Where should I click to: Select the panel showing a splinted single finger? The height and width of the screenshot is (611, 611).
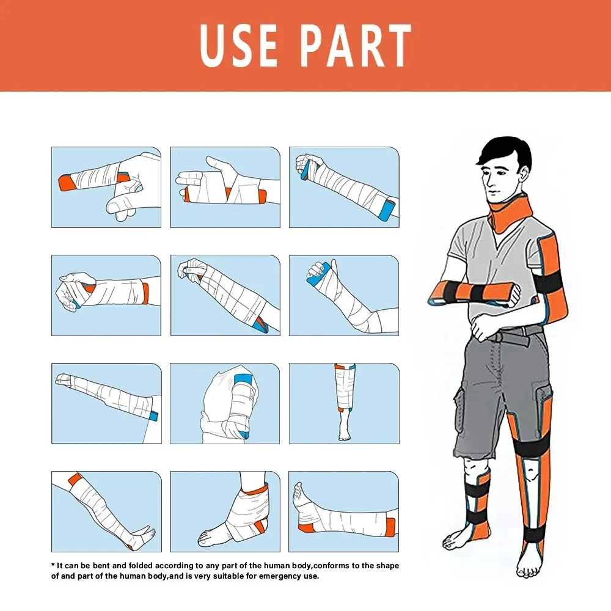(x=106, y=187)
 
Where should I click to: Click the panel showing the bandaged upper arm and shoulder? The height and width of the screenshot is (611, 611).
(x=225, y=403)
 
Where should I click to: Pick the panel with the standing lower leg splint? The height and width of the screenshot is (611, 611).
(x=343, y=403)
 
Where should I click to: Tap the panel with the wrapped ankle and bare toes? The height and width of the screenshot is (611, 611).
(x=225, y=511)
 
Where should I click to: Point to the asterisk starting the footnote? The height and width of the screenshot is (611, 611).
(x=53, y=566)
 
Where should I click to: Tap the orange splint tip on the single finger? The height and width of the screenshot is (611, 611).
(x=64, y=181)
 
